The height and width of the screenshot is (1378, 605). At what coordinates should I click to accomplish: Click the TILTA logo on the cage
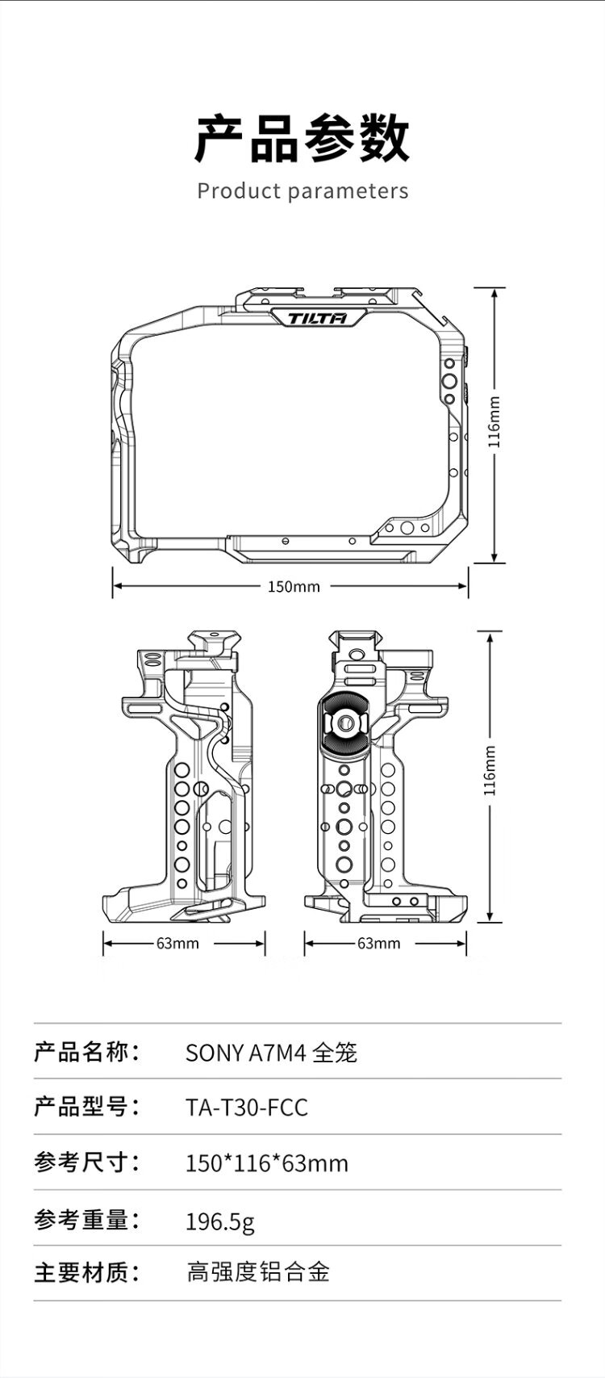[x=318, y=318]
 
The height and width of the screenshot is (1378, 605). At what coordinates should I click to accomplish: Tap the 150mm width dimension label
[x=294, y=587]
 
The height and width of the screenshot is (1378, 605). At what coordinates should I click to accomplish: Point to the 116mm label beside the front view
[x=495, y=421]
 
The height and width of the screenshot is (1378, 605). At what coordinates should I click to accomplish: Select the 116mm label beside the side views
[x=490, y=772]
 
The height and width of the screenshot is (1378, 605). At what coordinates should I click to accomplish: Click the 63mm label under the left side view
[x=177, y=943]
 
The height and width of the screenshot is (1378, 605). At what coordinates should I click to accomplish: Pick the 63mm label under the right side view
[x=378, y=943]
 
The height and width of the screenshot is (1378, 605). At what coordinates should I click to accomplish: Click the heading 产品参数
[x=302, y=139]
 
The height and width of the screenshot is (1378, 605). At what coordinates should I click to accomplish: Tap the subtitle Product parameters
[x=302, y=191]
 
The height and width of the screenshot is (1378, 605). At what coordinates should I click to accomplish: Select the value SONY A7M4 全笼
[x=271, y=1053]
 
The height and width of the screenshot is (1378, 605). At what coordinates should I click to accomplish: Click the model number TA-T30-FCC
[x=247, y=1107]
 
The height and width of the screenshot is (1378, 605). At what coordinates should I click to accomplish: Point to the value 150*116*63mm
[x=267, y=1163]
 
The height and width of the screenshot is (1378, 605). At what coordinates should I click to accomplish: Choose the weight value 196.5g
[x=220, y=1221]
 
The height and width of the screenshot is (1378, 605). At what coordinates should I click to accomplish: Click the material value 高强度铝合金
[x=258, y=1273]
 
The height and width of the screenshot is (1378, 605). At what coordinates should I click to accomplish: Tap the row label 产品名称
[x=86, y=1052]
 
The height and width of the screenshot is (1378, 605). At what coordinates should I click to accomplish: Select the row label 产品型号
[x=86, y=1107]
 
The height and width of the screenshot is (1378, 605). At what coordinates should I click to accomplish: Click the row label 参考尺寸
[x=86, y=1162]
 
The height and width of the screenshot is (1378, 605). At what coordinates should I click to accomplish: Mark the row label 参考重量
[x=86, y=1220]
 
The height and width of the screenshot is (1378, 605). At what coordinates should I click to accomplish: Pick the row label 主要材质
[x=86, y=1273]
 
